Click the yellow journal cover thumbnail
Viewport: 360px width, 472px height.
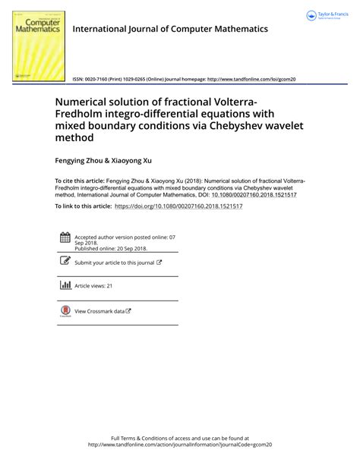point(37,44)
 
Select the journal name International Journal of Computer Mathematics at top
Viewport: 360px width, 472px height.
point(169,29)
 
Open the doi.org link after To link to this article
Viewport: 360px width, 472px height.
point(178,206)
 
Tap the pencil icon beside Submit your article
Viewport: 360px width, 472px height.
point(65,262)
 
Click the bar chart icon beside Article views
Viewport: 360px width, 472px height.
point(65,285)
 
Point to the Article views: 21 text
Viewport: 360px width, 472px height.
point(93,286)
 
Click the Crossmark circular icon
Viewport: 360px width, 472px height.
point(65,310)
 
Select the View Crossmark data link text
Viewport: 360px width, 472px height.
point(103,311)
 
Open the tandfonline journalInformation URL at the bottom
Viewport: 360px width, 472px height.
point(180,445)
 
